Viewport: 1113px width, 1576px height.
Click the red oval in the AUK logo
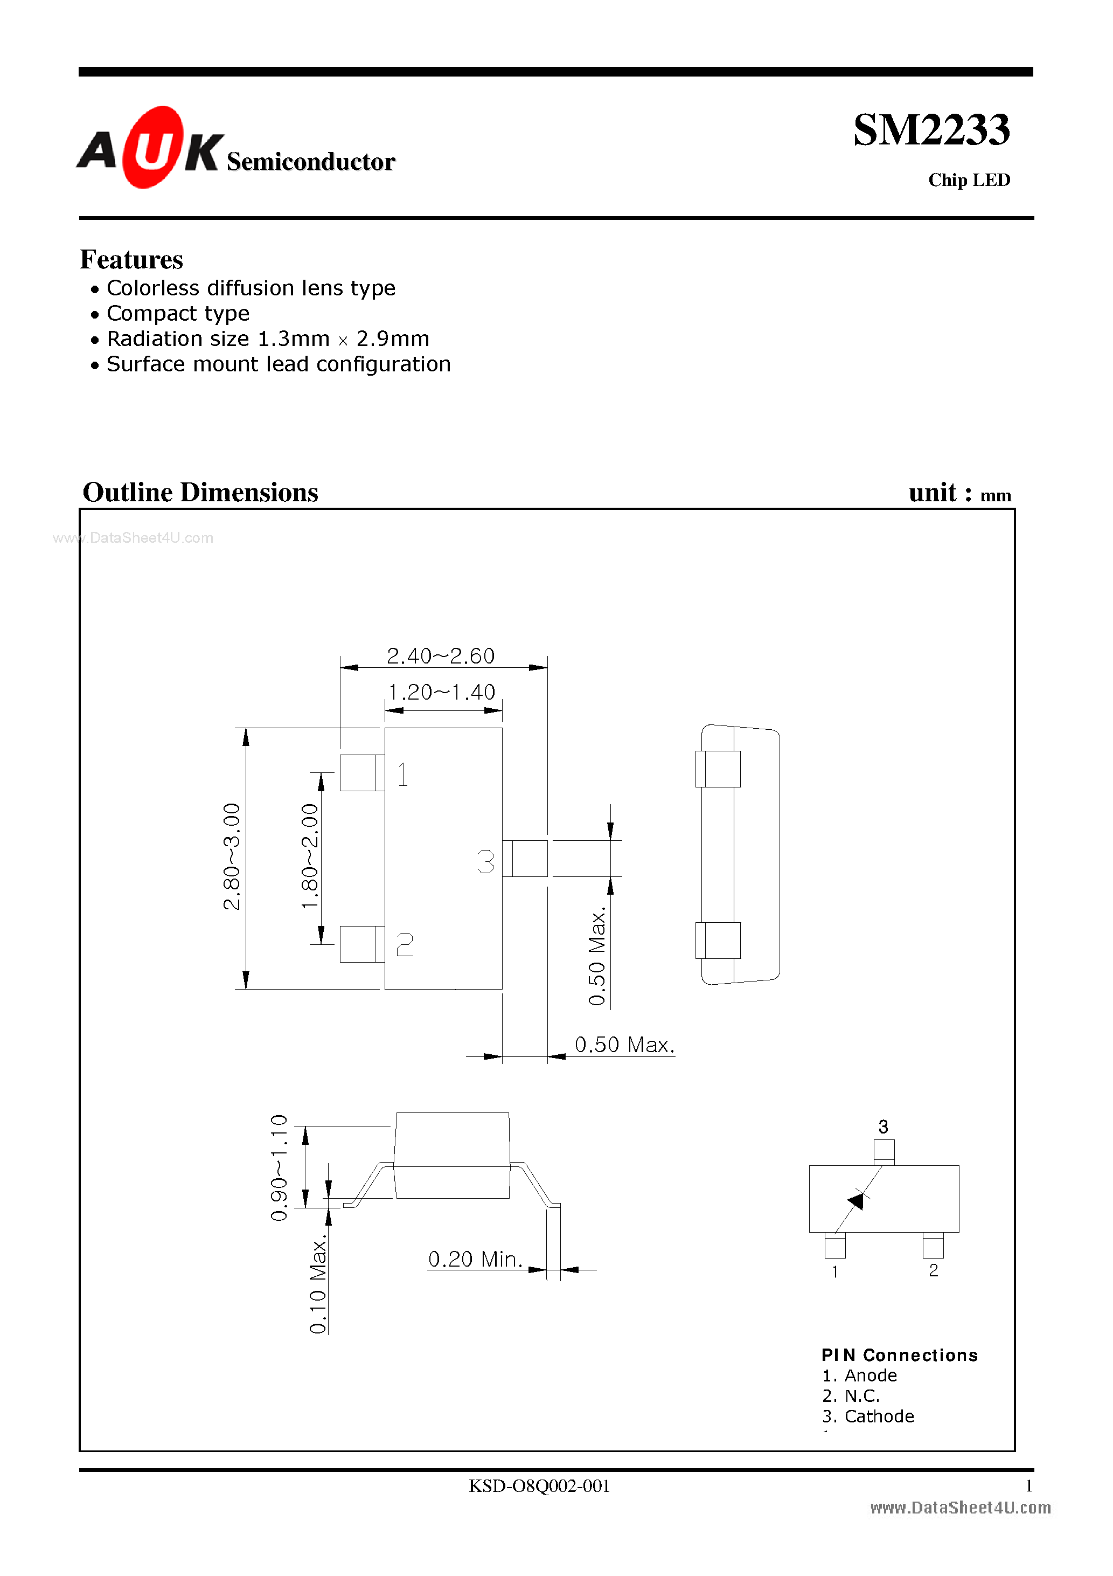pos(153,148)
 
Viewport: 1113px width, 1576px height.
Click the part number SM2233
pos(930,130)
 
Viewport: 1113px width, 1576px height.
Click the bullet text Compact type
pos(178,314)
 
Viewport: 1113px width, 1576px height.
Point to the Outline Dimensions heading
pos(200,492)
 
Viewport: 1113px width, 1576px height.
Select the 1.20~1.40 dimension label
pos(441,692)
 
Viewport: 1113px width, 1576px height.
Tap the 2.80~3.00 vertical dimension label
pos(233,856)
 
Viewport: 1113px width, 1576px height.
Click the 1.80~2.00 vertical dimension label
pos(310,856)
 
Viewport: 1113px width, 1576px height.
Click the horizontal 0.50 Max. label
pos(624,1045)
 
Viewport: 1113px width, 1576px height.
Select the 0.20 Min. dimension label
pos(475,1259)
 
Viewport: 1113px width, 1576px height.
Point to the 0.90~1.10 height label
pos(279,1167)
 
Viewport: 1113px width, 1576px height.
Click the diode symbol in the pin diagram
pos(857,1200)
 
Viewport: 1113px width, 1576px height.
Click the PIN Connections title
pos(899,1355)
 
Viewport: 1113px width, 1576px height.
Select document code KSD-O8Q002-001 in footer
pos(539,1486)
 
